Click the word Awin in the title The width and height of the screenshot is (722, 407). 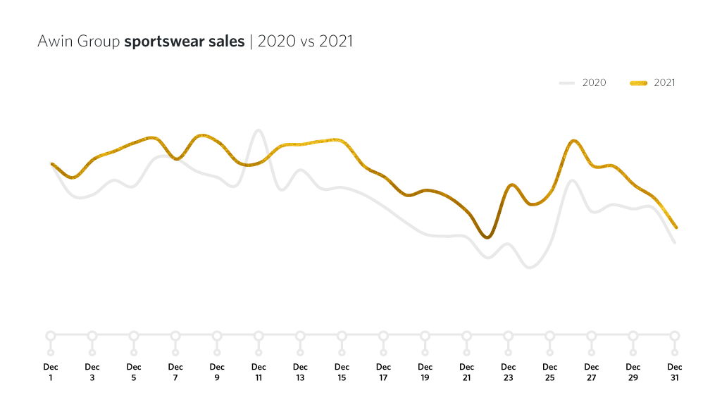[x=54, y=42]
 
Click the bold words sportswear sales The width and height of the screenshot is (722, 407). [x=185, y=42]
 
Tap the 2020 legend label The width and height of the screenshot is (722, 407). [x=594, y=83]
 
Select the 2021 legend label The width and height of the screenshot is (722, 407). [x=664, y=83]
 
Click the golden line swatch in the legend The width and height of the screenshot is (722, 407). [x=637, y=83]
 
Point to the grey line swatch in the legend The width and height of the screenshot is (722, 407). [x=568, y=83]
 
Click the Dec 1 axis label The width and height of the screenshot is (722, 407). [x=51, y=372]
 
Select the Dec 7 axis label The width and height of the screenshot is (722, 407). [x=175, y=372]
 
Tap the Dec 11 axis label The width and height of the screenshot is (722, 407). [x=259, y=372]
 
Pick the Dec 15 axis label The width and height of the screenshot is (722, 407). [x=342, y=372]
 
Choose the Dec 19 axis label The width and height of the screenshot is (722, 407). [x=425, y=372]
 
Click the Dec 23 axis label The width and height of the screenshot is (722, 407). [x=508, y=372]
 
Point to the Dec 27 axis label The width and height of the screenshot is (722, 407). [x=592, y=372]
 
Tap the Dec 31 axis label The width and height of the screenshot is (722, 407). [x=675, y=372]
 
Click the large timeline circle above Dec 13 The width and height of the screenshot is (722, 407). [x=300, y=335]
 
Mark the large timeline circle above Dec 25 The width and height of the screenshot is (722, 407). [x=550, y=335]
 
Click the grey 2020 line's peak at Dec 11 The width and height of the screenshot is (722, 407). [x=259, y=130]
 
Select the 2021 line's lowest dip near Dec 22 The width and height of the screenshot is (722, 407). [x=487, y=238]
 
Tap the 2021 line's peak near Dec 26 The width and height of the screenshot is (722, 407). [x=574, y=141]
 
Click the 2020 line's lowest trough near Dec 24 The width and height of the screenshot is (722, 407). [x=530, y=268]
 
